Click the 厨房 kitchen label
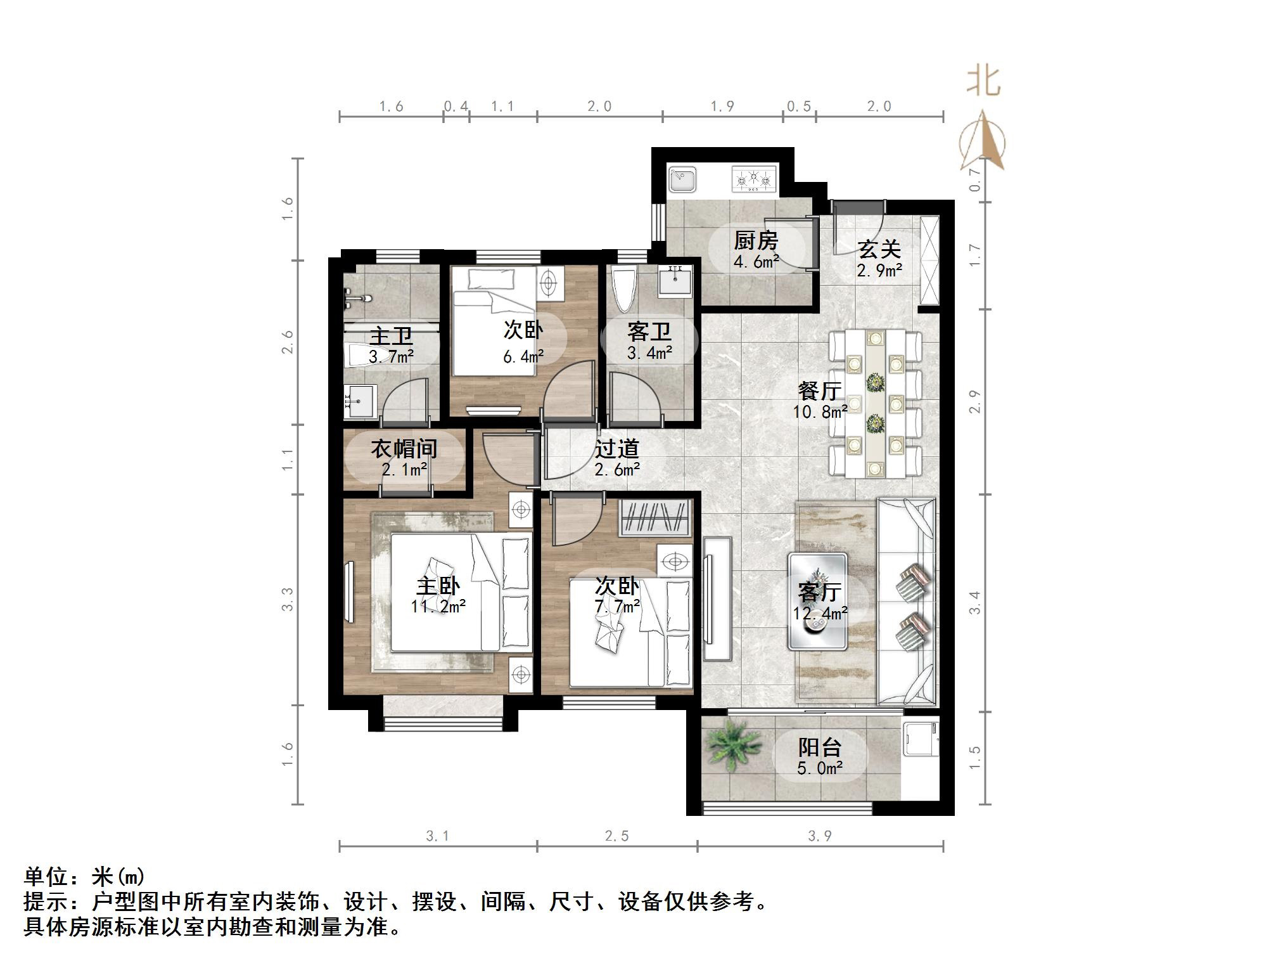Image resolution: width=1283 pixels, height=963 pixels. pos(755,241)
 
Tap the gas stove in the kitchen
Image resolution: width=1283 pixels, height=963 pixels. pos(753,179)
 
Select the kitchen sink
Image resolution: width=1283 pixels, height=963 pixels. pos(682,179)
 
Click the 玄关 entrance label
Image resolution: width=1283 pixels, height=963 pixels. pos(879,250)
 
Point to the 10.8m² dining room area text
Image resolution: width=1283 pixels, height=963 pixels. pos(820,412)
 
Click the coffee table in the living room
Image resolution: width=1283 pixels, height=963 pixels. pos(817,601)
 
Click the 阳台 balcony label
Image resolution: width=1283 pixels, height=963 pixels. pos(819,747)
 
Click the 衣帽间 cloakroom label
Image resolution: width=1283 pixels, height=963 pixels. pos(404,449)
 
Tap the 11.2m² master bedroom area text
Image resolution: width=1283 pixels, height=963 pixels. pos(438,607)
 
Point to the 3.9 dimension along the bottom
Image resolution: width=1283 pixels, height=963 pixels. pos(819,836)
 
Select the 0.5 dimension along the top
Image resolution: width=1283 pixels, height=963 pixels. pos(798,107)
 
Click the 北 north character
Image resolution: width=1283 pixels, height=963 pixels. pos(983,82)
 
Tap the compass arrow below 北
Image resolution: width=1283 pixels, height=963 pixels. pos(982,143)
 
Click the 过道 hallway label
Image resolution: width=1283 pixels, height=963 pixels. pos(616,449)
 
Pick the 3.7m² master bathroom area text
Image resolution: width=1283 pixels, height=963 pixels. pos(391,357)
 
